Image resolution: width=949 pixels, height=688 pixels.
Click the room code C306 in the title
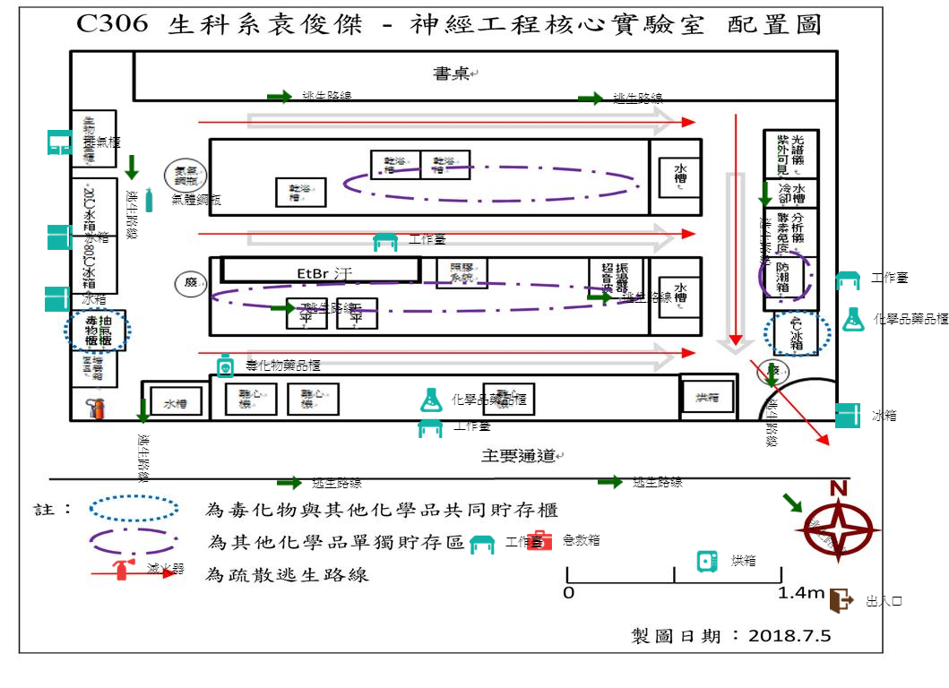point(111,24)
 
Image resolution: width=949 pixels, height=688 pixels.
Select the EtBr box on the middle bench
point(320,271)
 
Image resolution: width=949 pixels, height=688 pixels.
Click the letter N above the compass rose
point(838,488)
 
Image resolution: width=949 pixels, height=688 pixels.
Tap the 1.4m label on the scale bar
point(801,592)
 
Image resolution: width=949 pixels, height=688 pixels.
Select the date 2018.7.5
point(789,636)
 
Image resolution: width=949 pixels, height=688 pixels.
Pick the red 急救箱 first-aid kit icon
point(539,541)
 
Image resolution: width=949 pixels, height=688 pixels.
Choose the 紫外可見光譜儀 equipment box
point(790,154)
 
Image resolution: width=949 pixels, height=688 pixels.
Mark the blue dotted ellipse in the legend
point(134,509)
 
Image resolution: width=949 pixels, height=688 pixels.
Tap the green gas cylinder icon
point(149,201)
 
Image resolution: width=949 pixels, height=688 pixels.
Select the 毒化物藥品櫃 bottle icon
point(225,365)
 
